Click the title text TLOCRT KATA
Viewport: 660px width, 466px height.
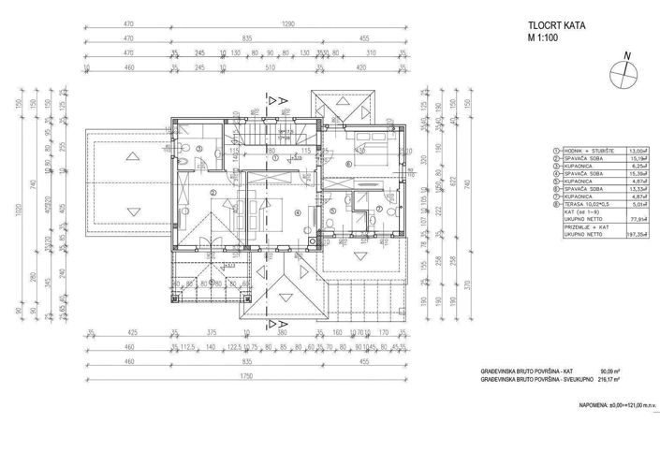pos(551,27)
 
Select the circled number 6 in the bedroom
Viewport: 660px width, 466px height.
pos(348,164)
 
